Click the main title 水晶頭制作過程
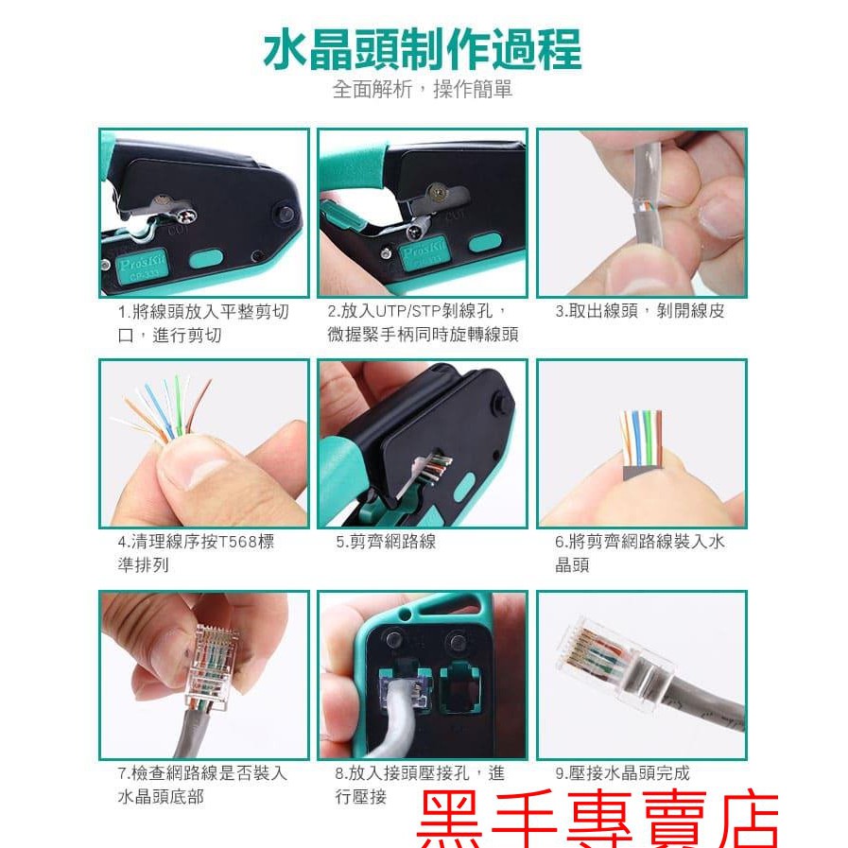423,49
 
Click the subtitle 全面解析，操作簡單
423,91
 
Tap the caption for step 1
203,322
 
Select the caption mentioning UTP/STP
423,322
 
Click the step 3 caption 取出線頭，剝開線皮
640,311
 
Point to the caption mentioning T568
196,553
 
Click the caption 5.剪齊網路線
386,542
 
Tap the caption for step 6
640,553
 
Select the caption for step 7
202,785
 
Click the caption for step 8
420,785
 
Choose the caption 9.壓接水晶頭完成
622,772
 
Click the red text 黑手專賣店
597,820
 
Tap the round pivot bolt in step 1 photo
281,213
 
